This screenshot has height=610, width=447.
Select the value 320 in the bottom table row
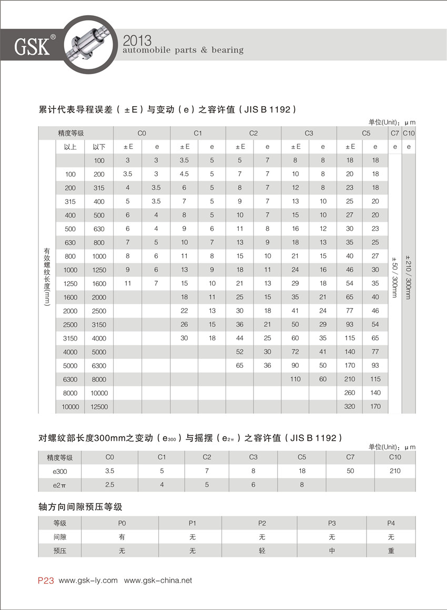click(x=350, y=406)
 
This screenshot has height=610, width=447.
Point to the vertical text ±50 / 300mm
click(x=395, y=278)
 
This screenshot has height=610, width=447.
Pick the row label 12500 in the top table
click(x=99, y=406)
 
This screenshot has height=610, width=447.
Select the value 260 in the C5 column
click(x=350, y=392)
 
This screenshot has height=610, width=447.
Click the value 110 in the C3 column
click(x=295, y=379)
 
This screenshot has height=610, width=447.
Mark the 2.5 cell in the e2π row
click(x=110, y=484)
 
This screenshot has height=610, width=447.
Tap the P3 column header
click(x=332, y=523)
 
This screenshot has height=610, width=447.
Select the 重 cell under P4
click(x=391, y=551)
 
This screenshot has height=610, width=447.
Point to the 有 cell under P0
click(x=122, y=537)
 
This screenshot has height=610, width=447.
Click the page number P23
click(x=46, y=581)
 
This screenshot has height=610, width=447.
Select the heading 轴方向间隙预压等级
click(x=80, y=507)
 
